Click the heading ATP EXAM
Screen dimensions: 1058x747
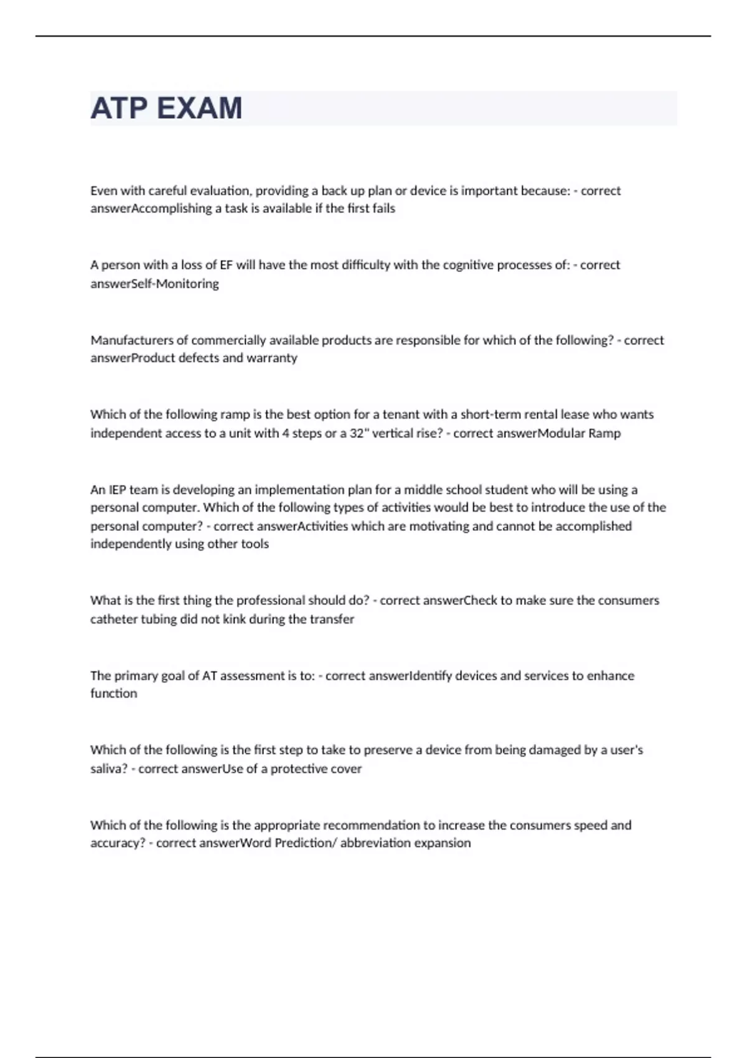[166, 108]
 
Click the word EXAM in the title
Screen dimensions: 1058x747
[199, 108]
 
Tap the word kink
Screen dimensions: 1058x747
[234, 619]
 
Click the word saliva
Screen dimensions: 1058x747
[108, 769]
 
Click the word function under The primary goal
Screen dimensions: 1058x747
[113, 694]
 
